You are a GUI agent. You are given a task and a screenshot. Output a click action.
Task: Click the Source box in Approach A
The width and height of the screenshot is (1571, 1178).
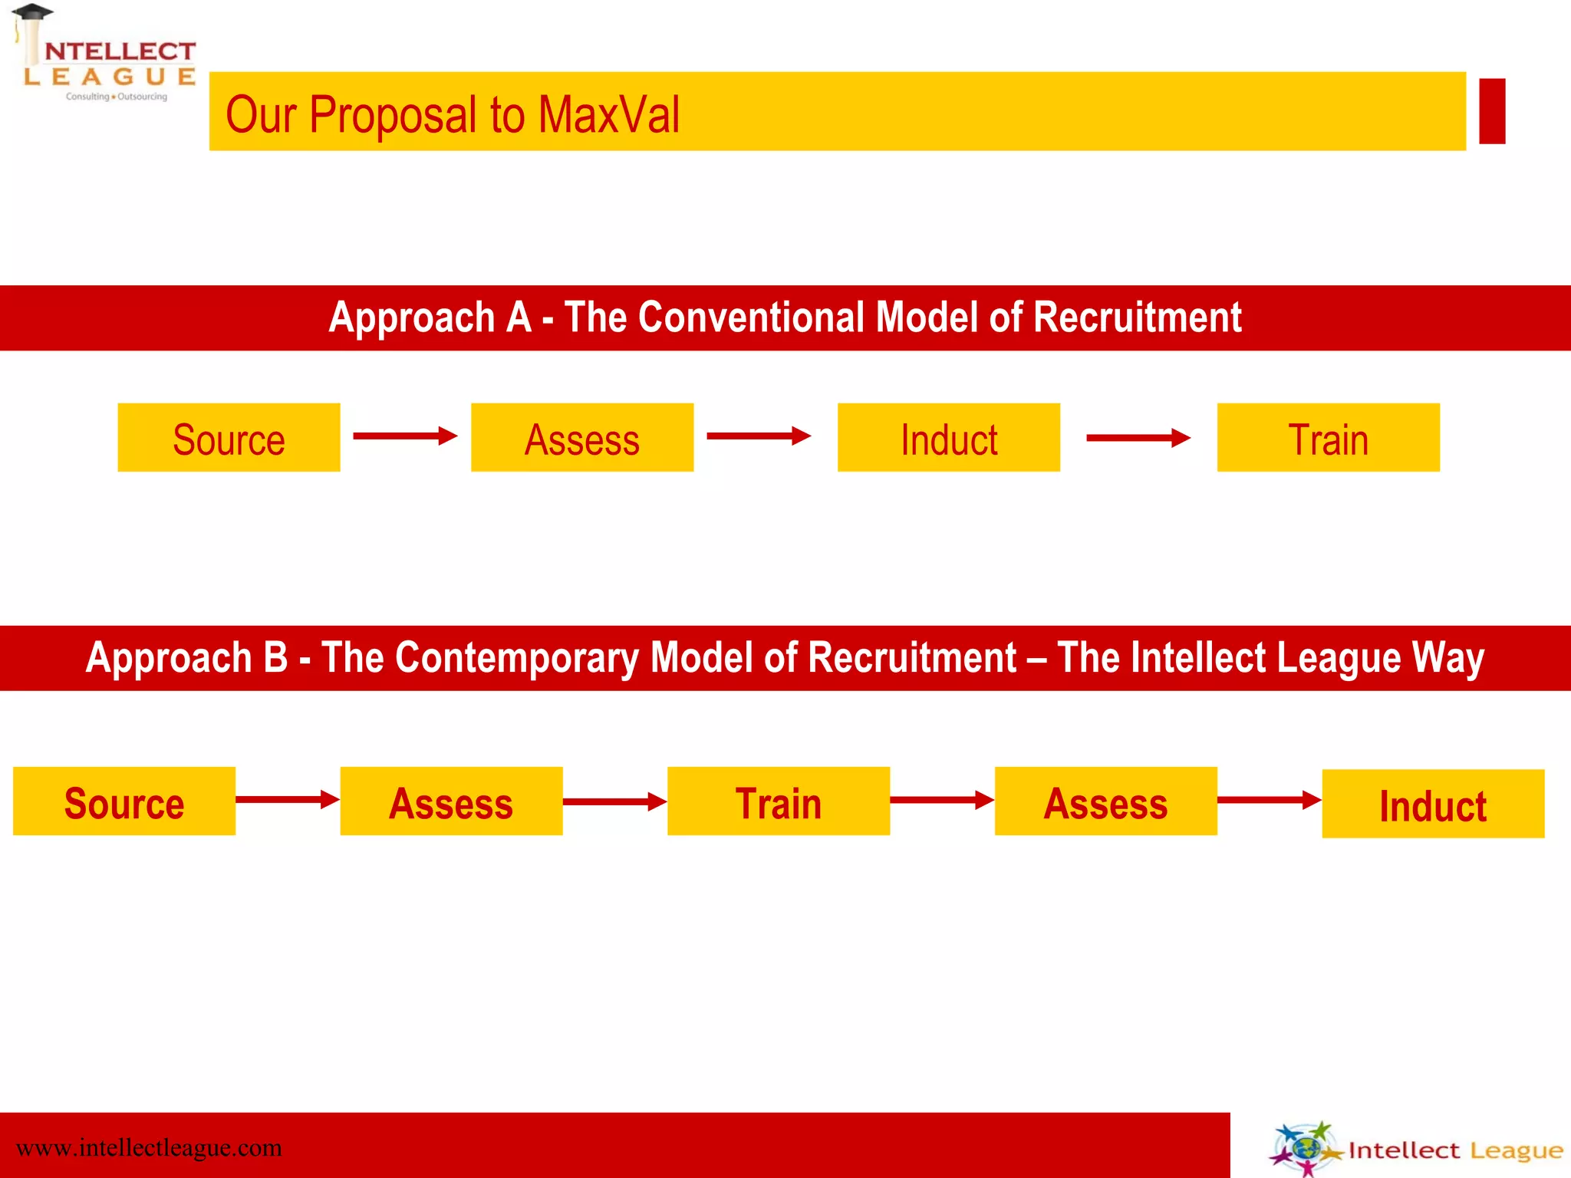(229, 437)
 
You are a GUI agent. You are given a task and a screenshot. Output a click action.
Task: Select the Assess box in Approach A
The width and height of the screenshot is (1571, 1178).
(582, 437)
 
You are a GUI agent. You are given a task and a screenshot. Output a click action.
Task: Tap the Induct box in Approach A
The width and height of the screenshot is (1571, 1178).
(949, 437)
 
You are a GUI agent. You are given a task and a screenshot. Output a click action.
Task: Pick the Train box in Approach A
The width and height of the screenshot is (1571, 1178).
(1328, 437)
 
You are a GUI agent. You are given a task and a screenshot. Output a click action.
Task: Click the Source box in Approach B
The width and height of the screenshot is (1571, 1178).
(124, 801)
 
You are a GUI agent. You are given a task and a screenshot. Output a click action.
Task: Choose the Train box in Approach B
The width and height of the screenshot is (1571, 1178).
(779, 801)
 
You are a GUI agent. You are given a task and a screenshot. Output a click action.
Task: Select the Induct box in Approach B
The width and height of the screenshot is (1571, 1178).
(1433, 804)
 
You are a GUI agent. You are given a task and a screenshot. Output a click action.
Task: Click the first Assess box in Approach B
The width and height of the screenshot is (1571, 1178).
(451, 801)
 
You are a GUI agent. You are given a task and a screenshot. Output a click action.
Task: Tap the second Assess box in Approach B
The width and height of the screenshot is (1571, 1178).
(1105, 801)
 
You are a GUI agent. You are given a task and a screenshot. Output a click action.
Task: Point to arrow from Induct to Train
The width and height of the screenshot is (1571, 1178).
(1138, 438)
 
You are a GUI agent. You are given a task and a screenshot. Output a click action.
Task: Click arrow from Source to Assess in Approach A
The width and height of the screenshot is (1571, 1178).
(405, 436)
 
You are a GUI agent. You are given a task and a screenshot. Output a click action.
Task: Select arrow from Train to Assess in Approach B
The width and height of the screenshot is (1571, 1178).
(942, 801)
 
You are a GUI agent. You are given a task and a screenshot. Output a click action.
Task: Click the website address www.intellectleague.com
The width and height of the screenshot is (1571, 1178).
(149, 1148)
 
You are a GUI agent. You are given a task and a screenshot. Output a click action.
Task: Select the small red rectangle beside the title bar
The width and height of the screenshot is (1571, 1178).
(1492, 110)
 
